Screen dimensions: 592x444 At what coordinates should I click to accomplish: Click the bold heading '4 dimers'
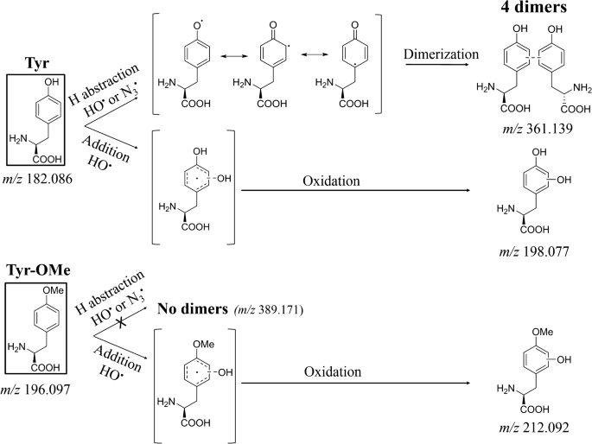coord(533,7)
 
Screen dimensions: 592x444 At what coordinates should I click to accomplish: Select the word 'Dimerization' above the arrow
coord(441,54)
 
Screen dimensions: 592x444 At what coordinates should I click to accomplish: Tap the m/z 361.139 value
coord(538,129)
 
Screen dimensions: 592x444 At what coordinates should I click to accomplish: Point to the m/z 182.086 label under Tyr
coord(37,179)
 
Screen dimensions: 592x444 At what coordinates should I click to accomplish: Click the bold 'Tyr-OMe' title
coord(38,270)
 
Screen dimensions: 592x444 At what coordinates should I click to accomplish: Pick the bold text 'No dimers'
coord(193,308)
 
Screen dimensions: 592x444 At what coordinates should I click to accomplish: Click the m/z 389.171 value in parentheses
coord(269,310)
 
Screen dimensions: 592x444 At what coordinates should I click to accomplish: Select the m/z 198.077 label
coord(534,251)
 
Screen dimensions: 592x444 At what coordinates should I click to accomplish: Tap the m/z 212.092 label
coord(534,428)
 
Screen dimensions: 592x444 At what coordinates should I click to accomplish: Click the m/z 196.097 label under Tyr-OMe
coord(35,389)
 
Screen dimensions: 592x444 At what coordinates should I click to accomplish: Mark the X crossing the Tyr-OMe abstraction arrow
coord(121,322)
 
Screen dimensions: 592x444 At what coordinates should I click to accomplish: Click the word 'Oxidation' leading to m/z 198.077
coord(331,181)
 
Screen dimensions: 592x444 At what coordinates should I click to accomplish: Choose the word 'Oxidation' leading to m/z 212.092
coord(333,372)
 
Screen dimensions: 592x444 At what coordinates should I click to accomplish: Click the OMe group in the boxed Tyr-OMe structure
coord(53,290)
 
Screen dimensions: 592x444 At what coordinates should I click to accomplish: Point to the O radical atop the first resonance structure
coord(198,25)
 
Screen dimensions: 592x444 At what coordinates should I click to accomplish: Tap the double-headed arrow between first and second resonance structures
coord(234,56)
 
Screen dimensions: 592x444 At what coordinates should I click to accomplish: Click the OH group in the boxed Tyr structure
coord(52,82)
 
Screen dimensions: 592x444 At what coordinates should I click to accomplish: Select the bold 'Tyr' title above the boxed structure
coord(37,62)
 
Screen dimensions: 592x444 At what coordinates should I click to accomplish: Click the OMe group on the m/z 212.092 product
coord(542,332)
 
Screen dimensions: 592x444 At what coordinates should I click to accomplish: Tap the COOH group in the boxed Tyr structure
coord(48,159)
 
